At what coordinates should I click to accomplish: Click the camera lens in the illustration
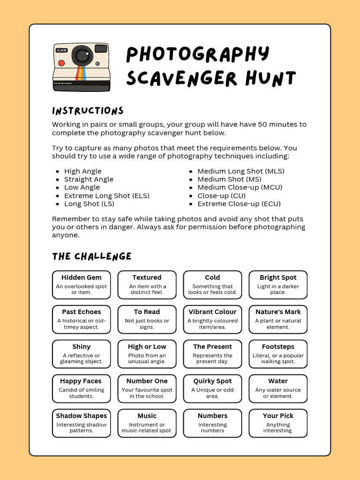point(82,56)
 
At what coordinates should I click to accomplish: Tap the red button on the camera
point(61,62)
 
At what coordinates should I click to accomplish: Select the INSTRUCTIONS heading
point(88,111)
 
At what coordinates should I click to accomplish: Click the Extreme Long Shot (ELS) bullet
point(107,196)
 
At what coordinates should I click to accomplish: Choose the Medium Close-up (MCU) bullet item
point(240,187)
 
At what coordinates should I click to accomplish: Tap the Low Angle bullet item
point(82,187)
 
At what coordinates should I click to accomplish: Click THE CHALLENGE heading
point(92,256)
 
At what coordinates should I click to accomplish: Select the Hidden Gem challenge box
point(82,285)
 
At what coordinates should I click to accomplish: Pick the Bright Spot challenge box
point(278,285)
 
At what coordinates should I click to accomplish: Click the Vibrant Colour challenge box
point(212,319)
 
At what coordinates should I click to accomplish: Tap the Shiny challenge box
point(82,354)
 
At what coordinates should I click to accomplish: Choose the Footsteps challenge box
point(278,354)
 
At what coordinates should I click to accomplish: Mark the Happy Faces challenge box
point(82,389)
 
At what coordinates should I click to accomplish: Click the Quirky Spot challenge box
point(212,389)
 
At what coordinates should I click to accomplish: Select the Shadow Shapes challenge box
point(82,423)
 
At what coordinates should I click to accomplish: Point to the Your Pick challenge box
point(278,423)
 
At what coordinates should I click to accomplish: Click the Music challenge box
point(147,423)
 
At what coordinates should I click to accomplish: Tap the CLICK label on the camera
point(61,50)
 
